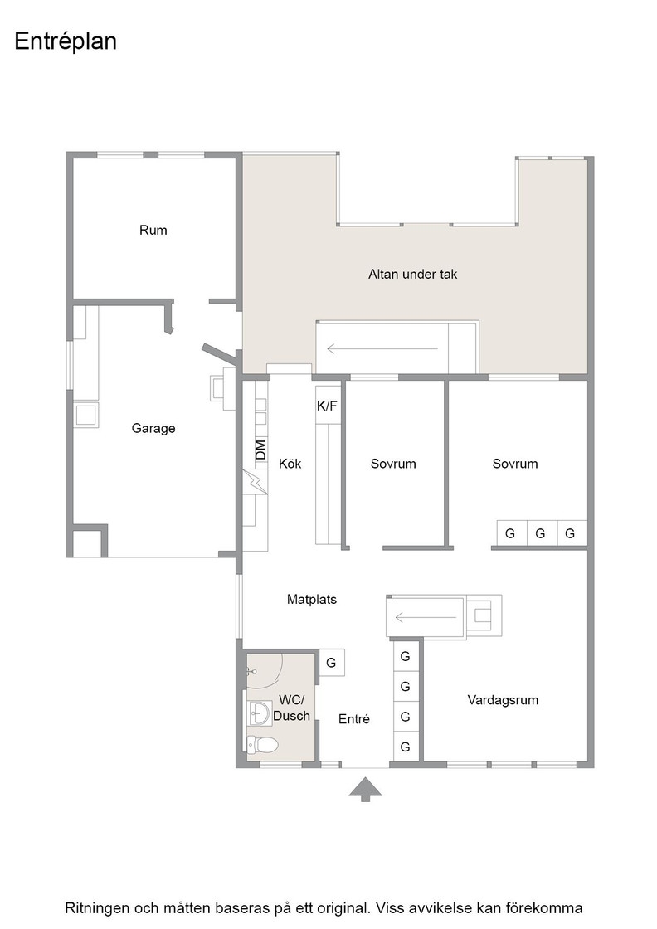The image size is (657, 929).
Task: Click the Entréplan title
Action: [x=66, y=41]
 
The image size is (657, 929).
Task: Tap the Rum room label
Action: [x=153, y=230]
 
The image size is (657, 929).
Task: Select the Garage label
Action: [x=153, y=428]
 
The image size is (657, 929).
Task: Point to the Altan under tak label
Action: [x=413, y=274]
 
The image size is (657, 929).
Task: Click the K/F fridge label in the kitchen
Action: [x=327, y=406]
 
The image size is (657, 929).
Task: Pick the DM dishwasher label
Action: [x=260, y=450]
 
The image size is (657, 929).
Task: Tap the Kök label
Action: [x=290, y=463]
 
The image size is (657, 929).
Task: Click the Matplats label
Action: [x=312, y=599]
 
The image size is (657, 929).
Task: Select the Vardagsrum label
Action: [x=503, y=700]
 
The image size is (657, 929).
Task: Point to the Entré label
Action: [x=354, y=718]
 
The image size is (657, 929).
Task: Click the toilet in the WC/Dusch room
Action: [x=261, y=744]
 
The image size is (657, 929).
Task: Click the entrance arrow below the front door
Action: [x=365, y=790]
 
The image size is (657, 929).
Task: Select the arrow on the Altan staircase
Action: [x=382, y=349]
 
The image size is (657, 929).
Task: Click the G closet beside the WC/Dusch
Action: [x=331, y=663]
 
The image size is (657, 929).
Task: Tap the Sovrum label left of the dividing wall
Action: [x=393, y=464]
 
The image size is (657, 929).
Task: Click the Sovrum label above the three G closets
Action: [x=515, y=464]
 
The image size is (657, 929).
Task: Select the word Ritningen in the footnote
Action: [x=98, y=907]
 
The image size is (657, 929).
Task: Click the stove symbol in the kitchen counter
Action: [x=255, y=482]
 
